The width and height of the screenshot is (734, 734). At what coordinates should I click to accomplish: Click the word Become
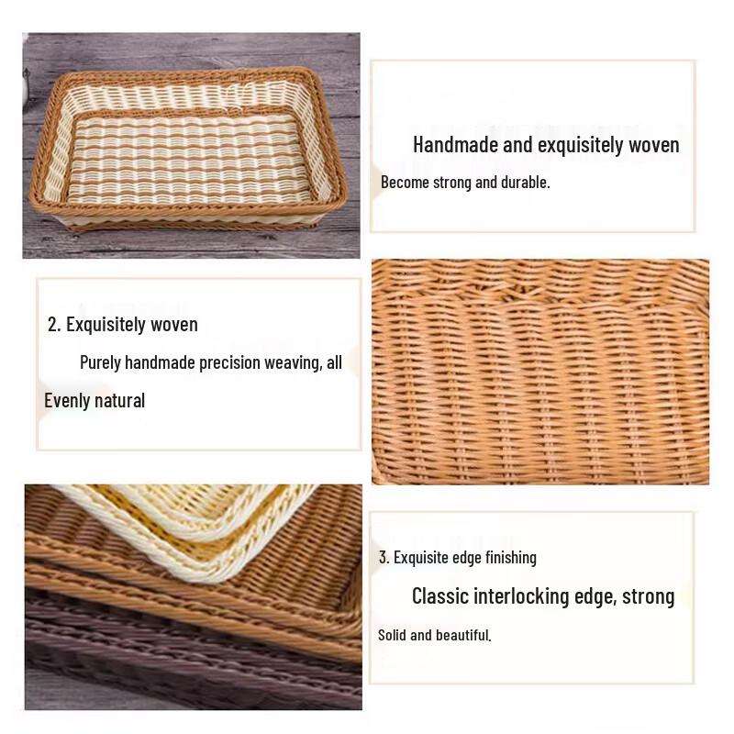[x=405, y=183]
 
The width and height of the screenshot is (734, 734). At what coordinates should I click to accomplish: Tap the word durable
[x=525, y=183]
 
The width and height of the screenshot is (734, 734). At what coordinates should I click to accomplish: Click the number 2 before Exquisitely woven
[x=53, y=325]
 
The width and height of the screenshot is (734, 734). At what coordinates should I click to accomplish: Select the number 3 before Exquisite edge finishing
[x=384, y=558]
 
